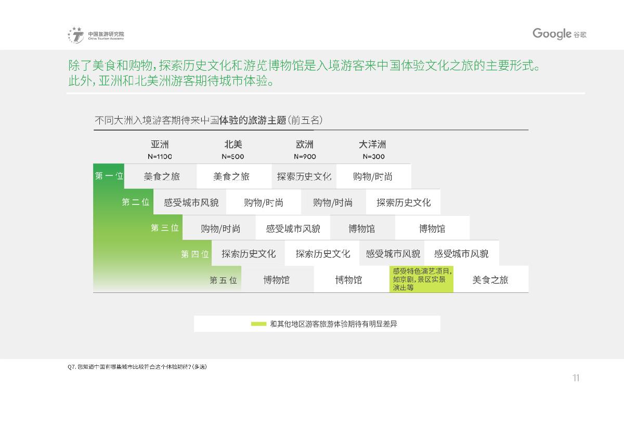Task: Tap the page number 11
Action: pyautogui.click(x=576, y=378)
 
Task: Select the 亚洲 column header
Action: pyautogui.click(x=160, y=144)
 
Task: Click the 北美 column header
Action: pyautogui.click(x=233, y=144)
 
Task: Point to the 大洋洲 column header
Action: pyautogui.click(x=372, y=144)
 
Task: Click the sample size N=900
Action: pyautogui.click(x=305, y=157)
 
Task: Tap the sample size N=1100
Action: pyautogui.click(x=160, y=157)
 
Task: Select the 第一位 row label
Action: pyautogui.click(x=109, y=176)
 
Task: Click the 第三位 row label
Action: pyautogui.click(x=165, y=228)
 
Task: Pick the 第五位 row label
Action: pyautogui.click(x=223, y=280)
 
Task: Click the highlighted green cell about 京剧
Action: pyautogui.click(x=421, y=279)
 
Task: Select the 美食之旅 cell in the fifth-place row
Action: pyautogui.click(x=490, y=279)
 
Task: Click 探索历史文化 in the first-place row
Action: pyautogui.click(x=304, y=176)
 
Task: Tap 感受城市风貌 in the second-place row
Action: pyautogui.click(x=191, y=202)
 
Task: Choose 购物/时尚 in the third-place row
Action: pyautogui.click(x=220, y=229)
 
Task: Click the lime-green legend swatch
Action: pyautogui.click(x=258, y=324)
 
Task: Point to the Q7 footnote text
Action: pyautogui.click(x=137, y=367)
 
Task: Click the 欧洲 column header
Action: pyautogui.click(x=305, y=144)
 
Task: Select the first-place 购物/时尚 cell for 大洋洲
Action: pyautogui.click(x=373, y=176)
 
